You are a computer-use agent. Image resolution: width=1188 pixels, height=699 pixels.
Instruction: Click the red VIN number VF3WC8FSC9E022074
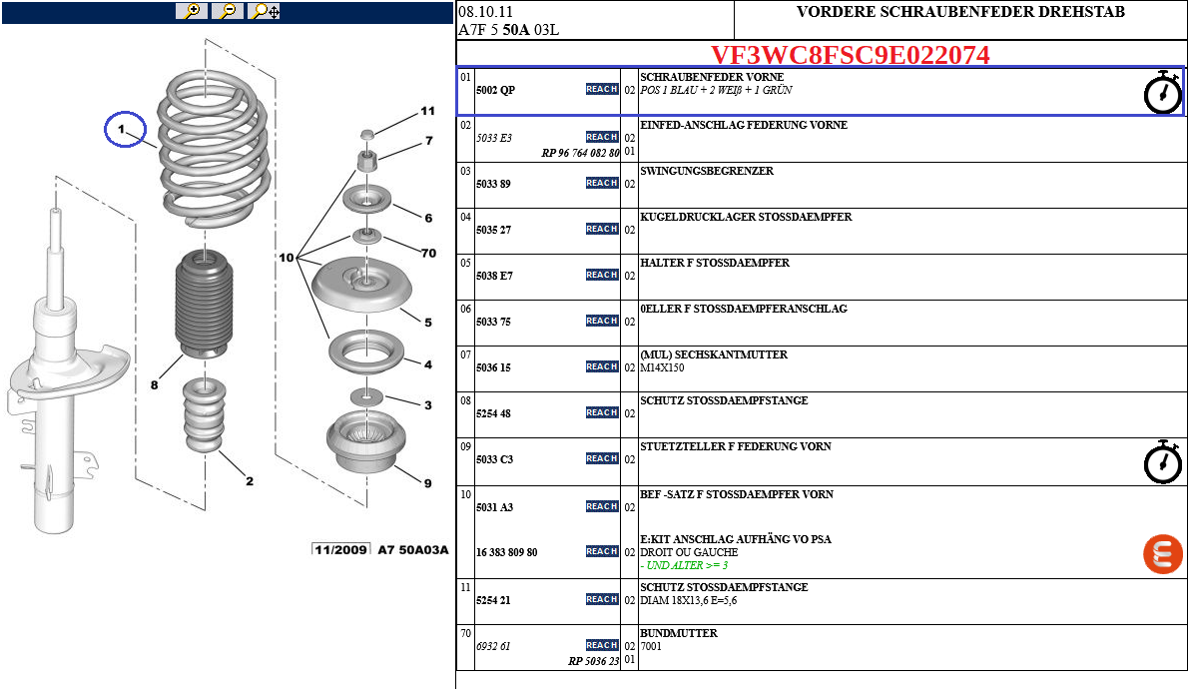pos(850,55)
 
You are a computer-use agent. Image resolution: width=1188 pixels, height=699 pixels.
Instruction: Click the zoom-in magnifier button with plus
pos(190,11)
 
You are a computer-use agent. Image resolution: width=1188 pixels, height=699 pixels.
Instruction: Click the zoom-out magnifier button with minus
pos(228,11)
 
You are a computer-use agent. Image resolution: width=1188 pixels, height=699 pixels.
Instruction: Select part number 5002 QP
pos(495,90)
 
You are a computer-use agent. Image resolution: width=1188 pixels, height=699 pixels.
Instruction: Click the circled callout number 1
pos(125,130)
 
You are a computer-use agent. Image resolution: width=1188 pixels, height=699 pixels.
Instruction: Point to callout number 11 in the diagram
pos(427,112)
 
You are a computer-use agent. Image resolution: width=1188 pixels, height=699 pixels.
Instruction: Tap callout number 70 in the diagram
pos(427,253)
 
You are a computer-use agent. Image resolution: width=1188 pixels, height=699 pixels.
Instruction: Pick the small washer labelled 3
pos(368,396)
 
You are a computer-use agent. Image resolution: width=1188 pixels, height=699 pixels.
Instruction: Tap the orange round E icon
pos(1162,553)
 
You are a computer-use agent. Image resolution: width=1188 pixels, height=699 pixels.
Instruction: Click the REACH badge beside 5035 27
pos(602,229)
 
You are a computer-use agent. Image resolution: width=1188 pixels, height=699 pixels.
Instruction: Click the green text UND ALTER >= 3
pos(684,565)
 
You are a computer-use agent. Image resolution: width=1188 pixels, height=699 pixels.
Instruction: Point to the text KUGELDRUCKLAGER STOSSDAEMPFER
pos(745,217)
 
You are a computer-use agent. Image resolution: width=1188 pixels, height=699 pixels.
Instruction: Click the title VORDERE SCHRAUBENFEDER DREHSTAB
pos(960,12)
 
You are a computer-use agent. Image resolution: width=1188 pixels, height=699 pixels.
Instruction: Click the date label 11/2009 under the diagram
pos(340,549)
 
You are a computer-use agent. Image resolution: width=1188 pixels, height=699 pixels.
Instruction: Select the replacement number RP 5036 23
pos(594,660)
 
